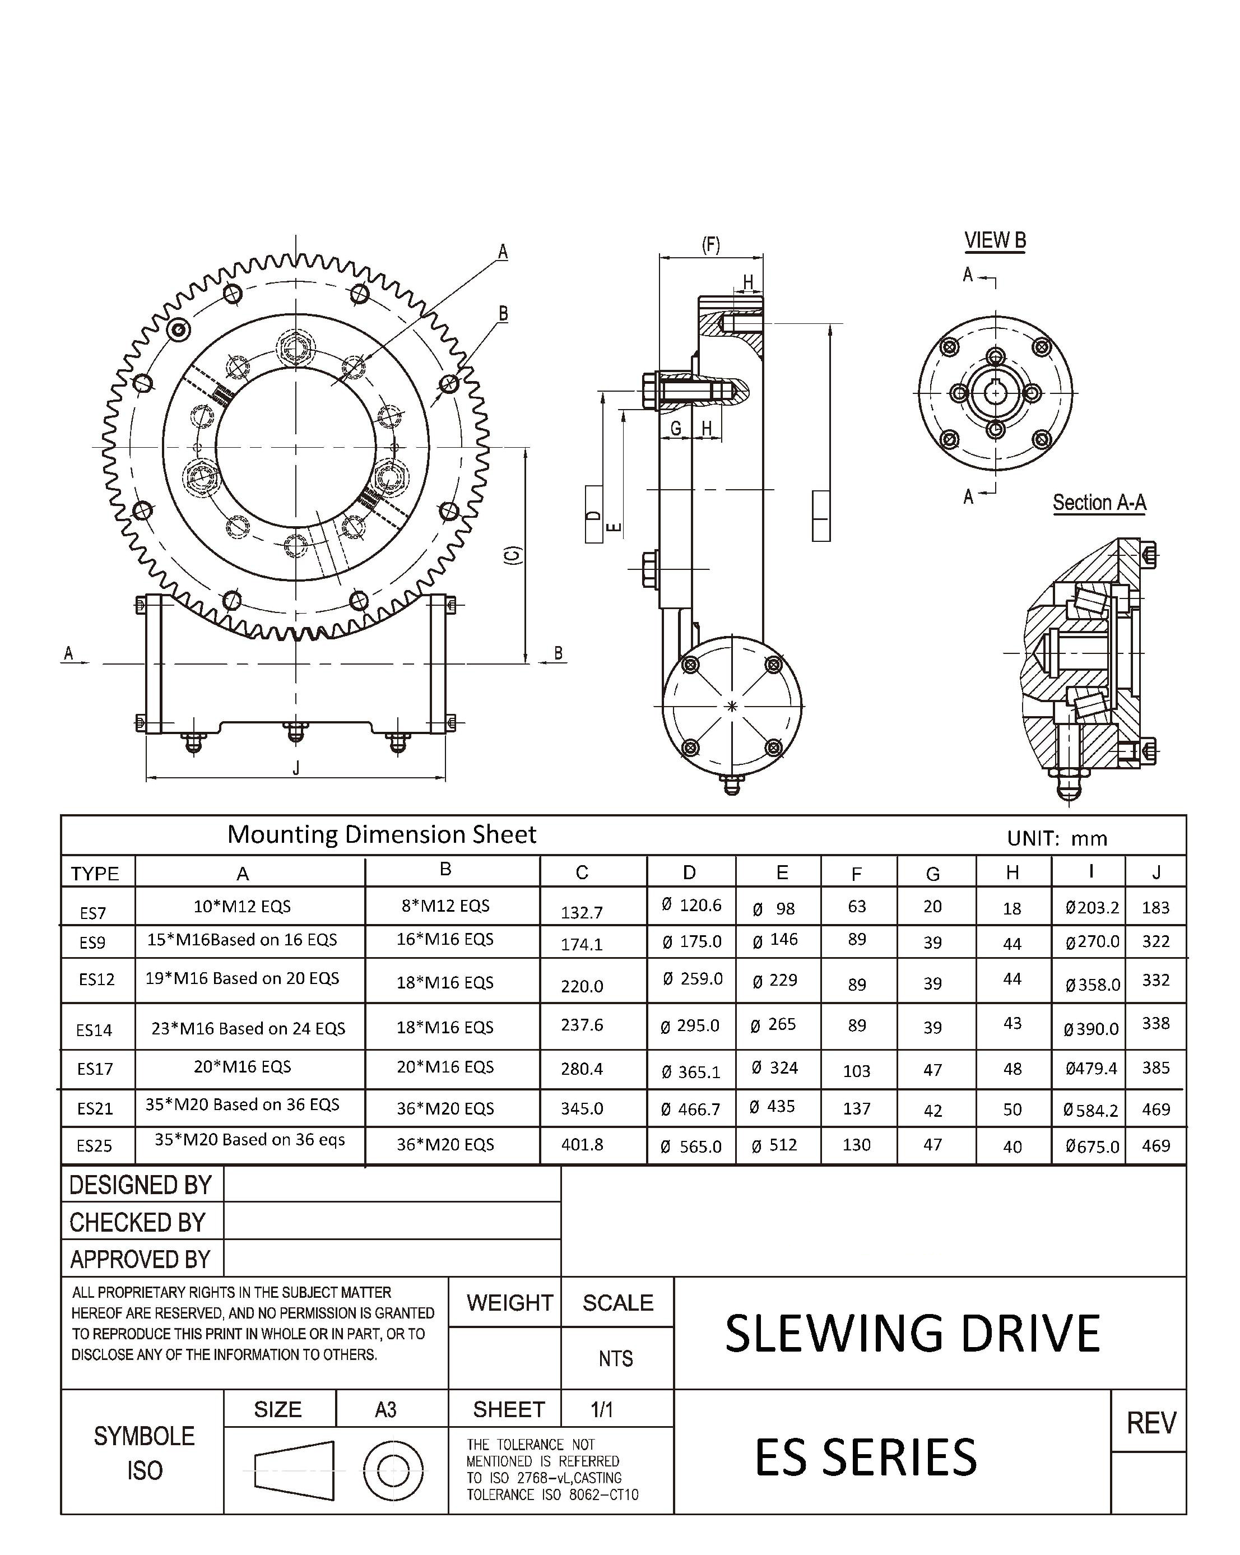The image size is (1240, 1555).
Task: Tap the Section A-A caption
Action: click(1099, 502)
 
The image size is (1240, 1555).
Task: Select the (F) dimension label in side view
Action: click(710, 245)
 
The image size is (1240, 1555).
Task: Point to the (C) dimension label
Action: click(512, 555)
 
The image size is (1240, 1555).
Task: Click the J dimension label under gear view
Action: click(296, 769)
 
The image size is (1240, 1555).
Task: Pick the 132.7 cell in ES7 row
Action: click(582, 912)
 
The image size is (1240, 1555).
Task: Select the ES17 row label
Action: click(95, 1069)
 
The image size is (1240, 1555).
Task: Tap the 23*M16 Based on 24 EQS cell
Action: click(248, 1028)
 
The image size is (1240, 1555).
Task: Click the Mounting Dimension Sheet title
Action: click(382, 834)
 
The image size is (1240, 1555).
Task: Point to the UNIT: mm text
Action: click(1057, 838)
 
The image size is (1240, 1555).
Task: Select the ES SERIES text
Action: click(865, 1457)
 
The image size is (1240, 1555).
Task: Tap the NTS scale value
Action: click(615, 1359)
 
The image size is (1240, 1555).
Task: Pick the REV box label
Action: click(1150, 1423)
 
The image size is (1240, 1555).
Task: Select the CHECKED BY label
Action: click(138, 1223)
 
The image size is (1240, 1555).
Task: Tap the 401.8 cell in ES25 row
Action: click(582, 1145)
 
